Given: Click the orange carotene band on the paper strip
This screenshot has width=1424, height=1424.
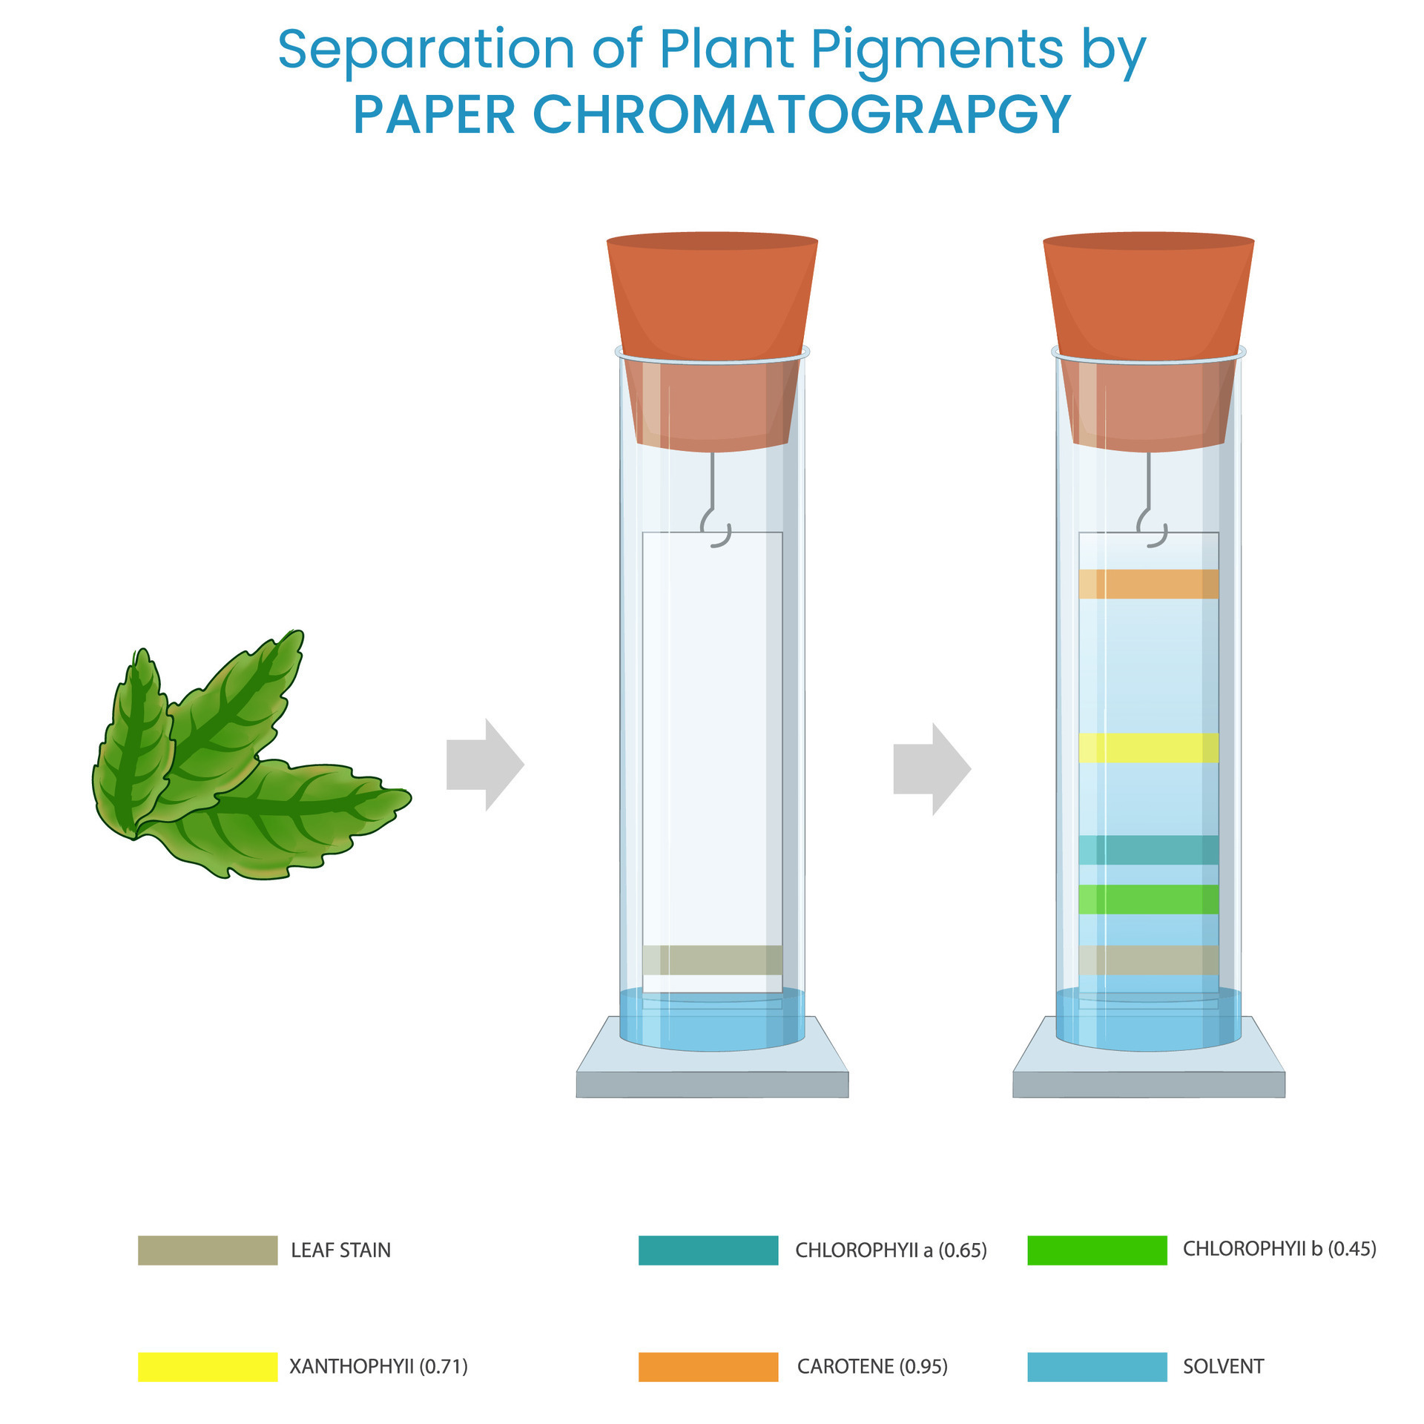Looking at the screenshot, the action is [1148, 584].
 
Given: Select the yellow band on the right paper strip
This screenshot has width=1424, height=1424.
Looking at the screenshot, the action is [1148, 748].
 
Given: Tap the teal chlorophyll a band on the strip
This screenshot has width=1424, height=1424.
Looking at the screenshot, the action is [1148, 850].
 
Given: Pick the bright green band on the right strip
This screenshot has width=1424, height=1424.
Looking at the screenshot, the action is [1148, 899].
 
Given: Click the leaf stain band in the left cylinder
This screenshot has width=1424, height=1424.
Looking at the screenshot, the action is [712, 960].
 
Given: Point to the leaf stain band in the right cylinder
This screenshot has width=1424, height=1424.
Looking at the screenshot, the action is [1148, 960].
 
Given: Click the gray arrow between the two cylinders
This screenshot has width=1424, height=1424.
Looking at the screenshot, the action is [932, 769].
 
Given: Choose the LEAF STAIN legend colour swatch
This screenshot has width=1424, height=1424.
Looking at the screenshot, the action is [208, 1250].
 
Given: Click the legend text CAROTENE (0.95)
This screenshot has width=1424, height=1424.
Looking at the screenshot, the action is [872, 1366].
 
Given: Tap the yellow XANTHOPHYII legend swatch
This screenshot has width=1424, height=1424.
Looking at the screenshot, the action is [208, 1367].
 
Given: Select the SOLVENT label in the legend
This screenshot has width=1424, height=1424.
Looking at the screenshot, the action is [1223, 1366].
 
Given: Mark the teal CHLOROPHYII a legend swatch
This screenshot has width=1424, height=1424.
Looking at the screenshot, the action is [708, 1250].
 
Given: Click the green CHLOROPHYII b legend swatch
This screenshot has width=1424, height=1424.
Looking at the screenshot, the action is [1097, 1250].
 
